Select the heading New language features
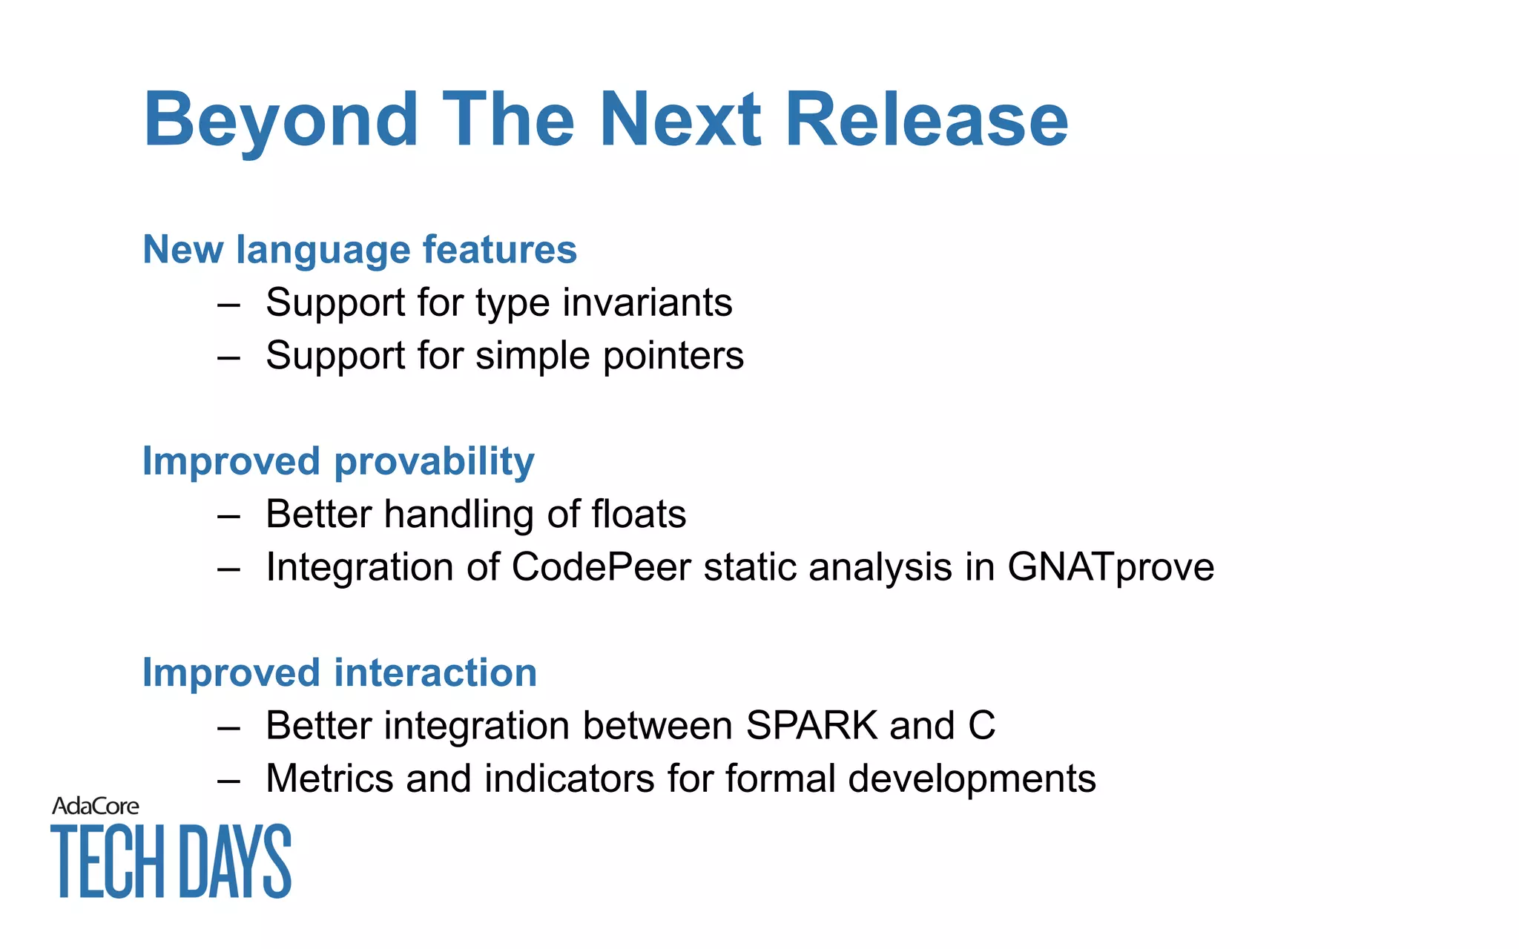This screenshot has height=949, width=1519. click(360, 250)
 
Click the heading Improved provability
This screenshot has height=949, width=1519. click(338, 461)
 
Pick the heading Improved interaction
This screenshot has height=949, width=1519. click(340, 673)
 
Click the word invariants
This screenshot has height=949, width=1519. click(648, 302)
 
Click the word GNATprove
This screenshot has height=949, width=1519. click(1110, 567)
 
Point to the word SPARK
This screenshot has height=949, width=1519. click(811, 725)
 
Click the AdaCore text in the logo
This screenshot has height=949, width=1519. click(95, 806)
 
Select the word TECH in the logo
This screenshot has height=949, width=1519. click(108, 862)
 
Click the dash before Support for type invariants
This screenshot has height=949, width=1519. click(228, 305)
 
